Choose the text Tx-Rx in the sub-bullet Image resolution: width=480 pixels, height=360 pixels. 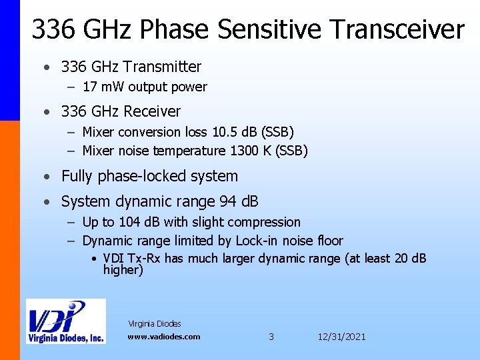(x=147, y=259)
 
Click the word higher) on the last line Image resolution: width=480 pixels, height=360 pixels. (x=123, y=270)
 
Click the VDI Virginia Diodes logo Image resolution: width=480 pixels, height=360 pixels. (x=65, y=321)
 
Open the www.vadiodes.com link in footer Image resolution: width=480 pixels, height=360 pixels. (x=164, y=337)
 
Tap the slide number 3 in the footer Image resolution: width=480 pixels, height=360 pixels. (x=271, y=337)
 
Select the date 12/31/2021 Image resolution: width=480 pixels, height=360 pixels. (x=342, y=337)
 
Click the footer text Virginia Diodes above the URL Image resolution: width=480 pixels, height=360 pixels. (x=154, y=324)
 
